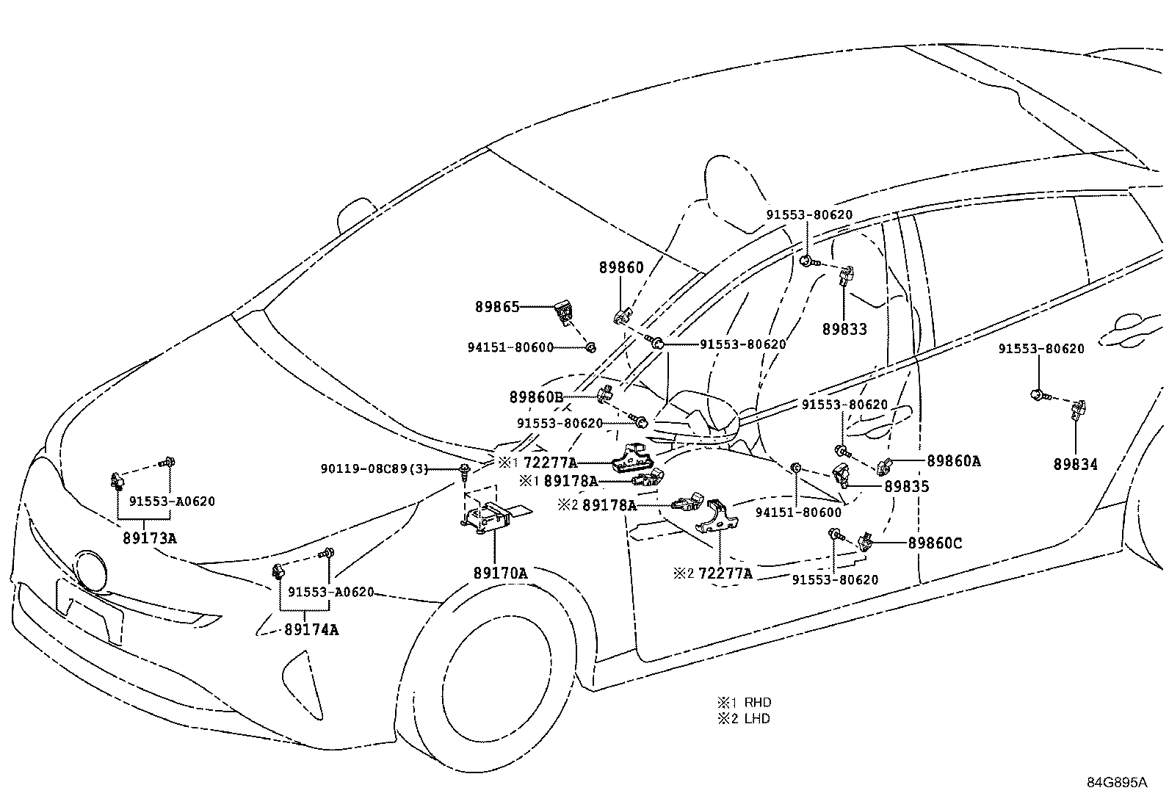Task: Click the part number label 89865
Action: pos(497,307)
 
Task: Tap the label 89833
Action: pos(844,330)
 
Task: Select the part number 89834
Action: pos(1075,464)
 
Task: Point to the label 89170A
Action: pos(501,573)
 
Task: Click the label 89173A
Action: pos(150,538)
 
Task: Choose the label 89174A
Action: pos(311,630)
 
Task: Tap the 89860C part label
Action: pos(935,543)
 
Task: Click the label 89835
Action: pos(907,487)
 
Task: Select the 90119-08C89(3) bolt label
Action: pos(374,468)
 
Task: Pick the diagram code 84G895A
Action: pos(1118,783)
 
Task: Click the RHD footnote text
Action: pos(757,702)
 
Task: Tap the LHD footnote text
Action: pos(757,719)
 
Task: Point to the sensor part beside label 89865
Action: pos(562,313)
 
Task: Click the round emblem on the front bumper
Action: pos(90,571)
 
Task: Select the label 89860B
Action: pos(537,397)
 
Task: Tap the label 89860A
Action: pos(953,461)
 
